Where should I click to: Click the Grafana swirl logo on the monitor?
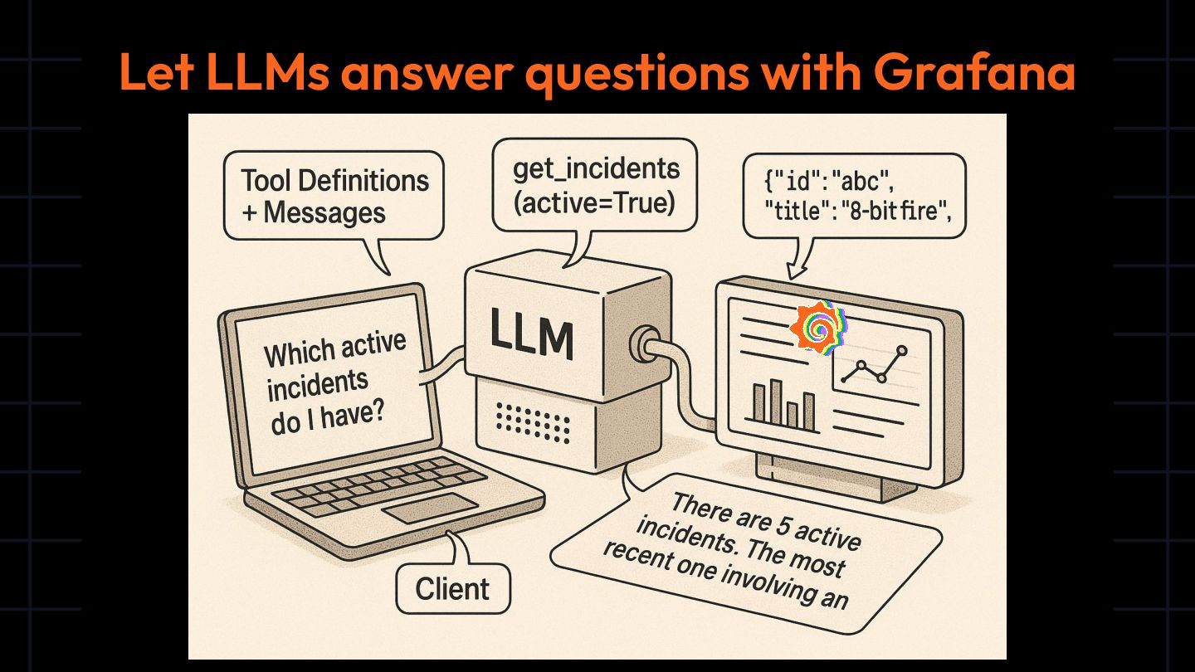[818, 329]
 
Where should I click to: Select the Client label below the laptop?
[452, 589]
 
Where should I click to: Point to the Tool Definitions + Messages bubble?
[334, 196]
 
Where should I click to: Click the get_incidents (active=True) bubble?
[594, 185]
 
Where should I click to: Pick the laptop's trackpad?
[429, 507]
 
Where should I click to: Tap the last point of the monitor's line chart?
[903, 350]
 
